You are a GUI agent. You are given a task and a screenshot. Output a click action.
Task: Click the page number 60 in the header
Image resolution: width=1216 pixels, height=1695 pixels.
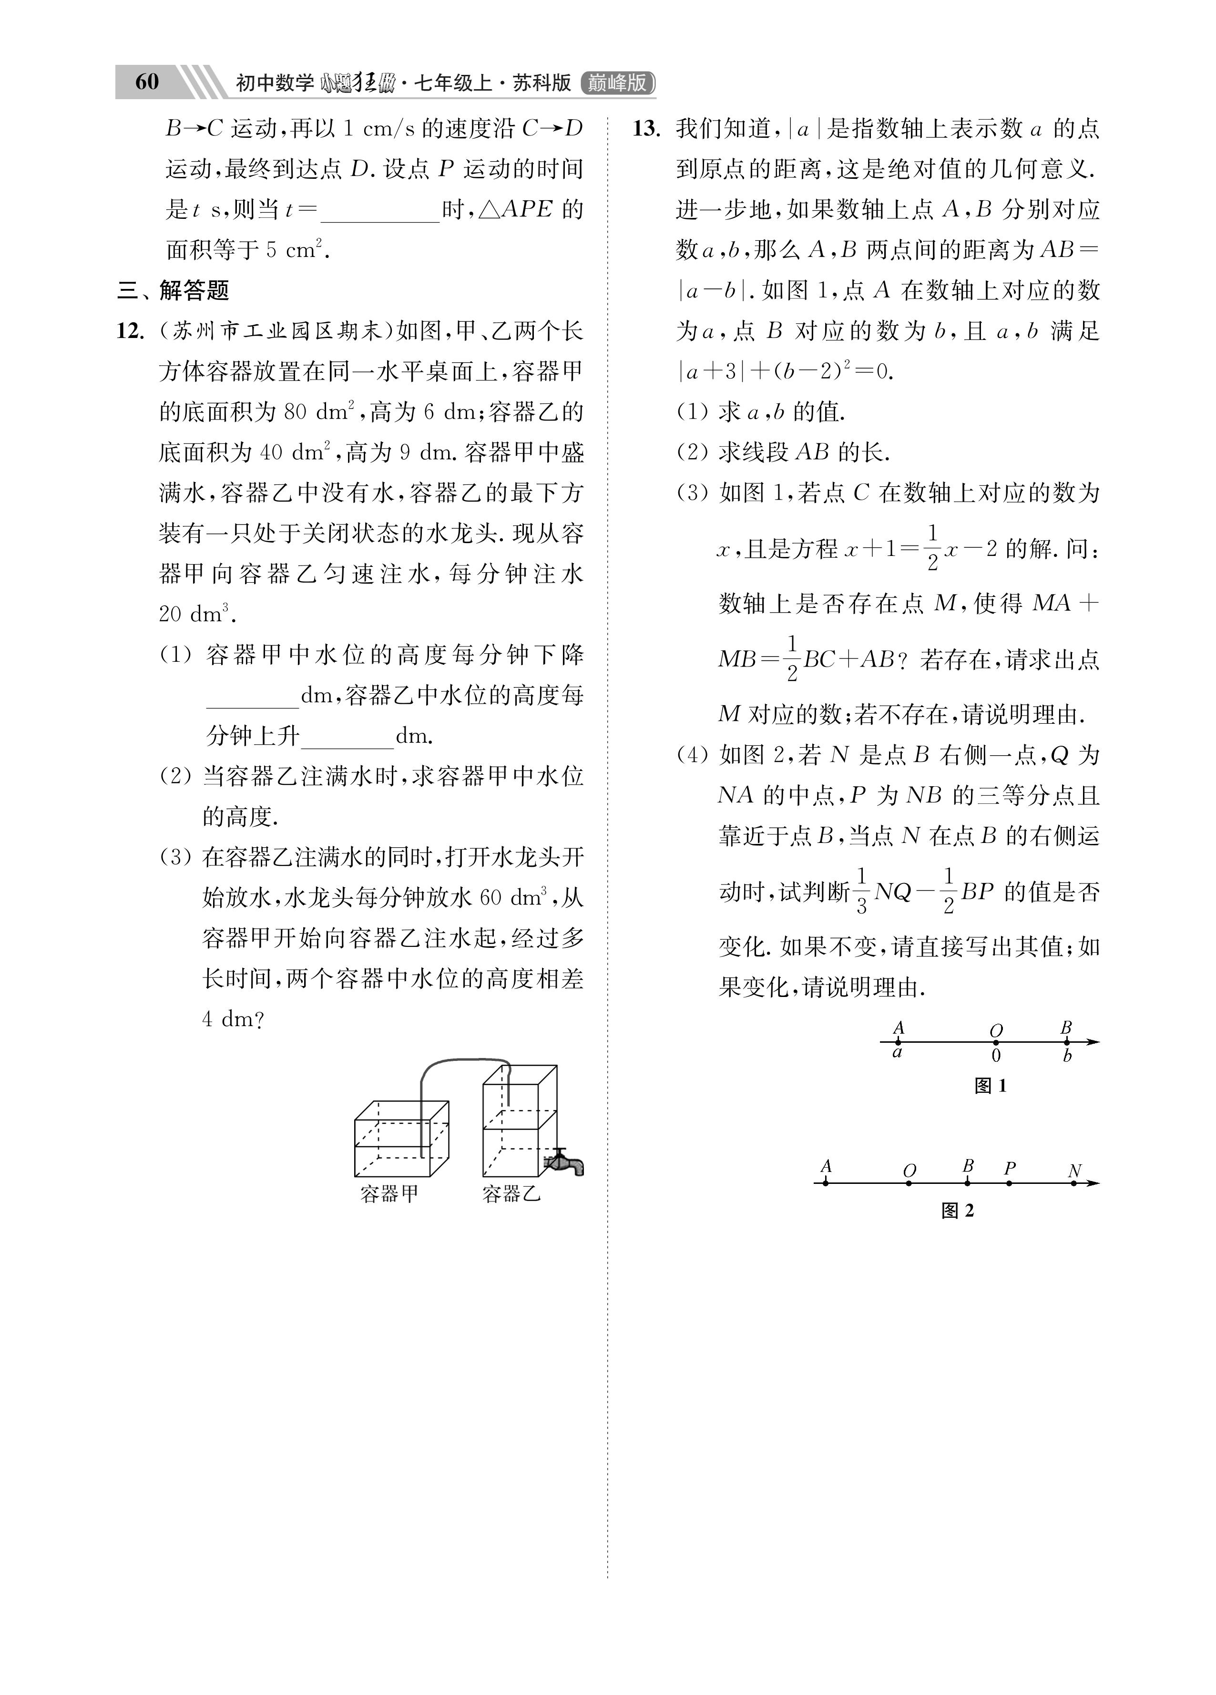pyautogui.click(x=147, y=82)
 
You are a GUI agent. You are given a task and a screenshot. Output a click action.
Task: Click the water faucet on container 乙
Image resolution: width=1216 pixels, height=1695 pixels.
pyautogui.click(x=566, y=1162)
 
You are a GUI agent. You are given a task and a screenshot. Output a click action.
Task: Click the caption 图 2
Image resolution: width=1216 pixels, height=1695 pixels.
pyautogui.click(x=958, y=1211)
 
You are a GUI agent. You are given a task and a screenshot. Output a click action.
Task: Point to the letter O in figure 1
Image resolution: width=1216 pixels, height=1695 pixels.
pyautogui.click(x=996, y=1031)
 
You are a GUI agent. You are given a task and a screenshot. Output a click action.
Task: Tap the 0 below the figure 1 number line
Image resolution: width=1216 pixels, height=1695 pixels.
pyautogui.click(x=996, y=1056)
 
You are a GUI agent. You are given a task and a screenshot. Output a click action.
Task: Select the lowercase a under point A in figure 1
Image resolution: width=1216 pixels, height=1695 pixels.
pyautogui.click(x=898, y=1054)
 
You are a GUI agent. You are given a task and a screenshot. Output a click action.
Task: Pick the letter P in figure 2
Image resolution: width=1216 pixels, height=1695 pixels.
pyautogui.click(x=1010, y=1168)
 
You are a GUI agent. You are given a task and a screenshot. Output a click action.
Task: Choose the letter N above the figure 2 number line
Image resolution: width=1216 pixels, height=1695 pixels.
pyautogui.click(x=1075, y=1171)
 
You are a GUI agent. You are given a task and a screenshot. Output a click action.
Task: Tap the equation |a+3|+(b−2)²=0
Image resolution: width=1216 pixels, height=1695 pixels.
pyautogui.click(x=785, y=371)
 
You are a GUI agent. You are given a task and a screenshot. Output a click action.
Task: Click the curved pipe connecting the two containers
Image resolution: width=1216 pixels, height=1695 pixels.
pyautogui.click(x=463, y=1061)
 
